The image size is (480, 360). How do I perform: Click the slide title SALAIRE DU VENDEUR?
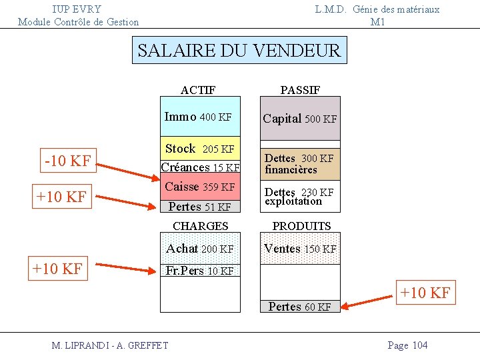pos(239,50)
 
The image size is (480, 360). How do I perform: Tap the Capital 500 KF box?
pos(299,119)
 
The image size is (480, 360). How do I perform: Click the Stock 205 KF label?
pos(200,149)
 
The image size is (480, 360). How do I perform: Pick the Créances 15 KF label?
pos(200,167)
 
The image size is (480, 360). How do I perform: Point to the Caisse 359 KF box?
pos(200,187)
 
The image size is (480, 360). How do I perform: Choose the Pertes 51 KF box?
pos(200,207)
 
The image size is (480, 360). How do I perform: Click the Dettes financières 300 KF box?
pos(299,163)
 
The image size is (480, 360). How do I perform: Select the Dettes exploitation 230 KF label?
pos(299,197)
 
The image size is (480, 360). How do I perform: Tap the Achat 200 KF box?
pos(200,249)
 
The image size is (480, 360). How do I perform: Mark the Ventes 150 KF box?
pos(299,249)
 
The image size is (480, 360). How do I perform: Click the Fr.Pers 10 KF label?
pos(200,271)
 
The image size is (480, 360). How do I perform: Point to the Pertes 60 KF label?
pos(299,307)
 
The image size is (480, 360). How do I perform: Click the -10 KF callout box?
pos(67,161)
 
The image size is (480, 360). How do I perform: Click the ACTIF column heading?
pos(198,90)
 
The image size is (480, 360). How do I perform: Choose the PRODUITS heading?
pos(301,226)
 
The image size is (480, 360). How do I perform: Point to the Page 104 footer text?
pos(407,345)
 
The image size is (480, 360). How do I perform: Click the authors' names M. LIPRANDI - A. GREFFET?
pos(110,345)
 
